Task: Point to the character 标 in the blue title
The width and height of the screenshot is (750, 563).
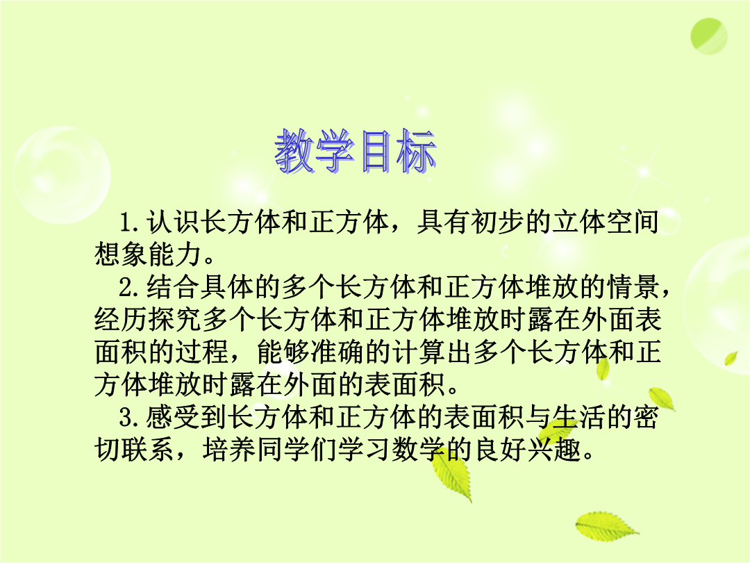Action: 416,152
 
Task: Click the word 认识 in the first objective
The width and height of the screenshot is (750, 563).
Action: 173,222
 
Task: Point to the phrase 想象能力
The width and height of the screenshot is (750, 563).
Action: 149,254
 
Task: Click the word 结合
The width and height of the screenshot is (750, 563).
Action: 173,287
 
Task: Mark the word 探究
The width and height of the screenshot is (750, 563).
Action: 175,320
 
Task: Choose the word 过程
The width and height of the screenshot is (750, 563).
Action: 202,352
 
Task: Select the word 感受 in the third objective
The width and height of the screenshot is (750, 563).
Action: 173,418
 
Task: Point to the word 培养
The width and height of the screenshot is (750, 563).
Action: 229,450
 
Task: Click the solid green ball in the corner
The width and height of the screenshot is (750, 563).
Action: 709,36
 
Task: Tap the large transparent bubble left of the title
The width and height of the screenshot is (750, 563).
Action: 62,175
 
